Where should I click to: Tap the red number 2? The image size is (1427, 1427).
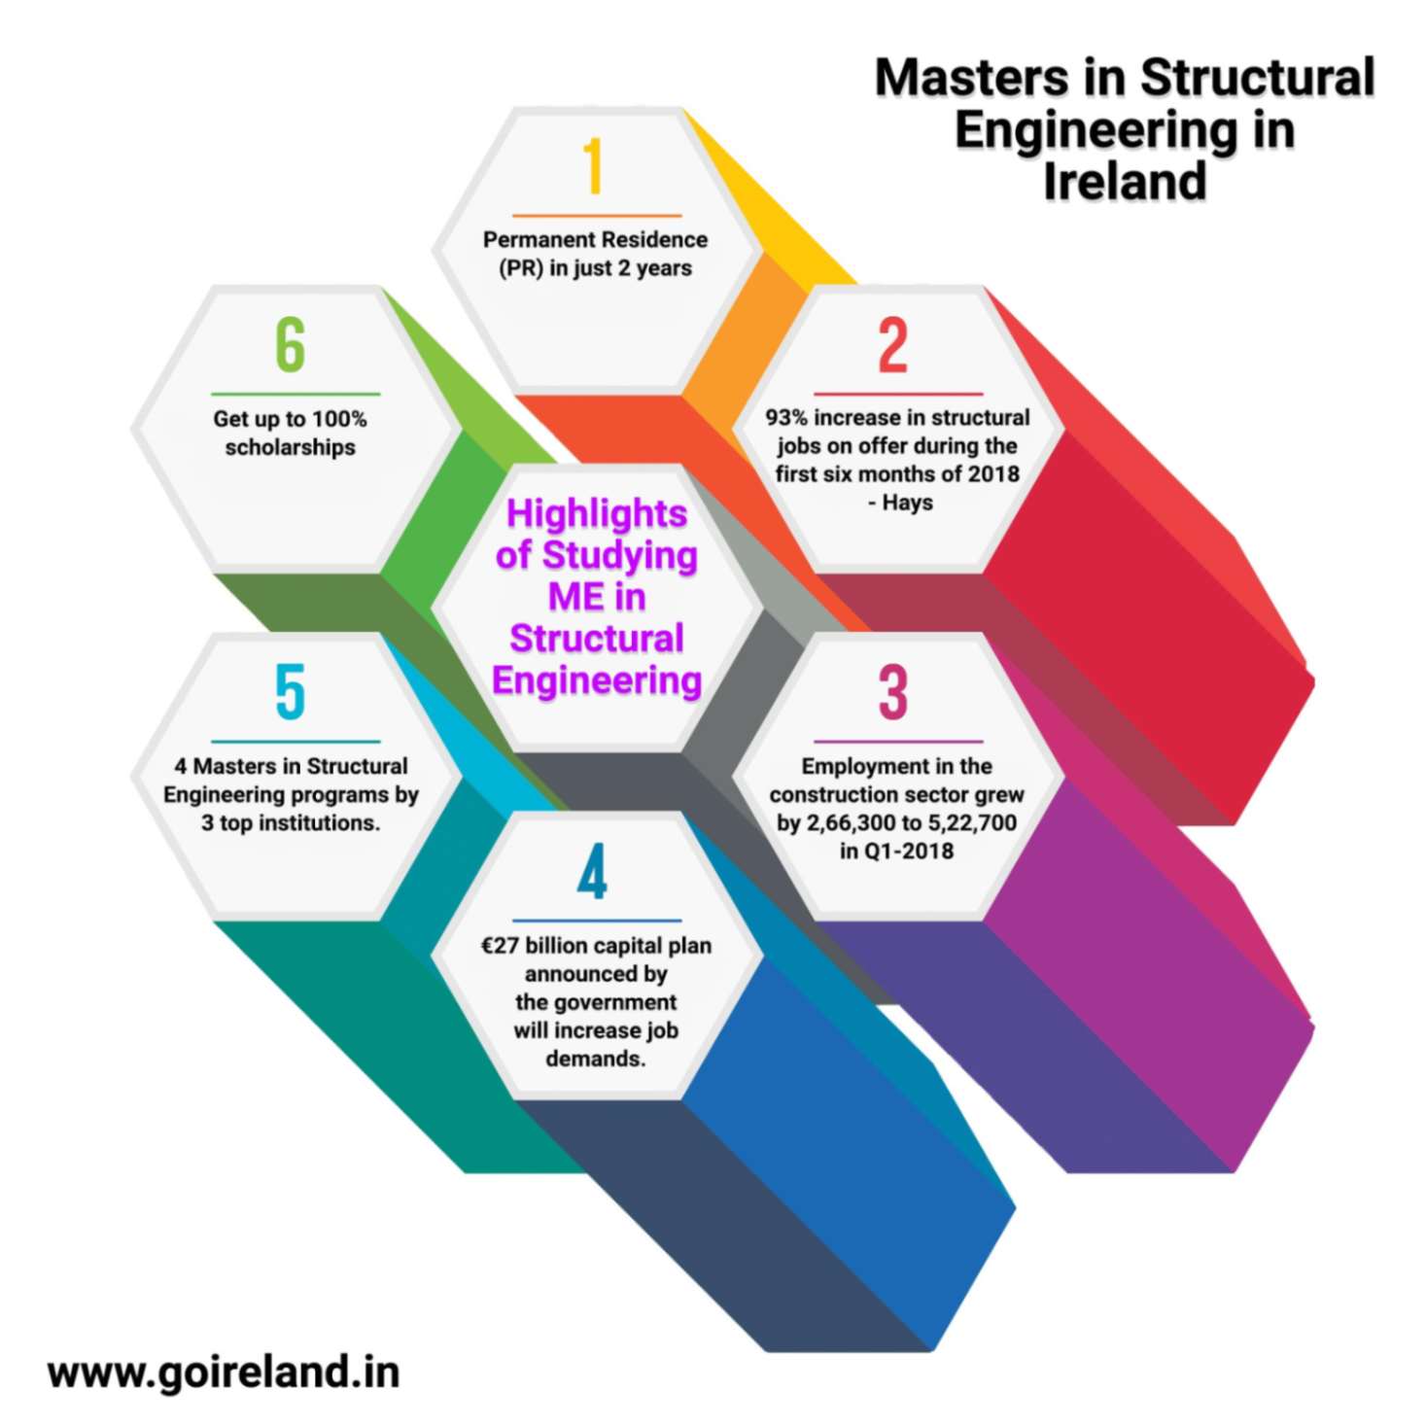coord(893,345)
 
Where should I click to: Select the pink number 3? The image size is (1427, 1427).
coord(893,692)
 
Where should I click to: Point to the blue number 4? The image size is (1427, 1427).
coord(592,872)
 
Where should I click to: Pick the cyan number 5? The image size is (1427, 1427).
coord(291,692)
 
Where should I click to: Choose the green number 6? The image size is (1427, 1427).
coord(291,345)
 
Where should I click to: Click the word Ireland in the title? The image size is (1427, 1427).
coord(1125,181)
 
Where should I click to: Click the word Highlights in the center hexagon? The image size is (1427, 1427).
coord(597,514)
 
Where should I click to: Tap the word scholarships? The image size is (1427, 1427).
coord(291,447)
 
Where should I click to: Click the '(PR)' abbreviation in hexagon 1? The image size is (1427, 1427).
coord(521,268)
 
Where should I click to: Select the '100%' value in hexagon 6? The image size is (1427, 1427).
coord(339,419)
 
